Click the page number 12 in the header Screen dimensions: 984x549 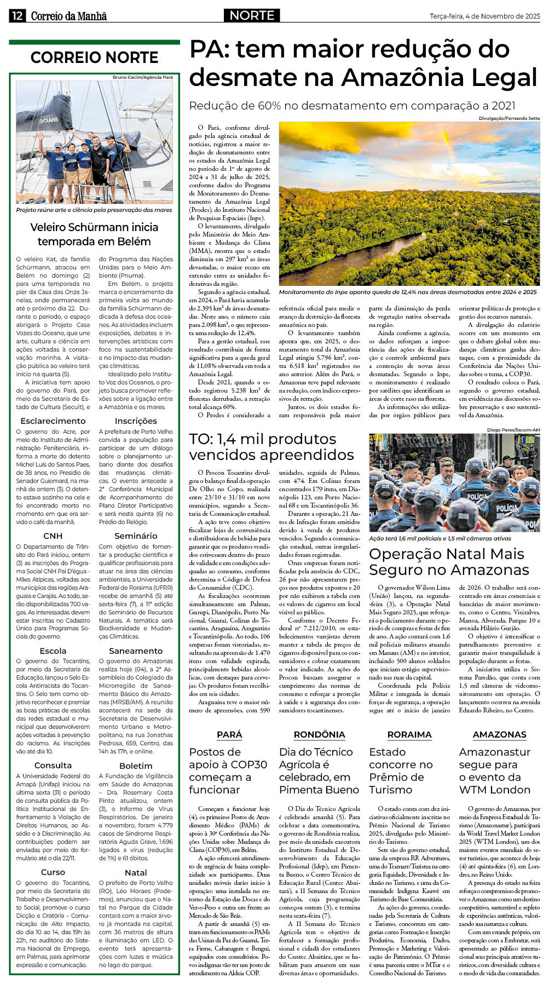(x=16, y=16)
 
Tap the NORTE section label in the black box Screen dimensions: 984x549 (x=252, y=15)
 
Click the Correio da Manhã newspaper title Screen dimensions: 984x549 (x=69, y=16)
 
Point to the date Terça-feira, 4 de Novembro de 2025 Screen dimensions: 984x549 (x=485, y=16)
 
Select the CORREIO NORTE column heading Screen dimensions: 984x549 (x=94, y=57)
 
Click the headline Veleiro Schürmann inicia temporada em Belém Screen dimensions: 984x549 (x=94, y=234)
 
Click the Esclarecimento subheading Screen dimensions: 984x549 (x=53, y=421)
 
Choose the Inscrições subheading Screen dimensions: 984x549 (x=136, y=421)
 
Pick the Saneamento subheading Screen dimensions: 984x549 (x=136, y=651)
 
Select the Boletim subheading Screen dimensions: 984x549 (x=136, y=766)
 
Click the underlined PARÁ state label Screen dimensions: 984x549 (x=229, y=735)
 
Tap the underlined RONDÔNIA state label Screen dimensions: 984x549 (x=319, y=735)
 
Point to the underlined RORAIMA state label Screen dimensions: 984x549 (x=409, y=735)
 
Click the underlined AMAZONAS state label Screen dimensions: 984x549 (x=499, y=735)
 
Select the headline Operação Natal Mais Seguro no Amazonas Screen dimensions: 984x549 (x=449, y=562)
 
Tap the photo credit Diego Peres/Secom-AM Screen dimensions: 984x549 (x=513, y=430)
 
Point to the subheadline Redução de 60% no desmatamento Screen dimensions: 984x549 (x=352, y=106)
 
